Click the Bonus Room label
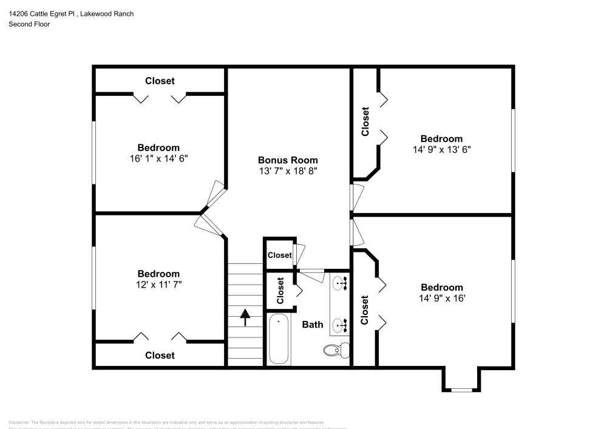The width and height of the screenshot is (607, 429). tap(288, 160)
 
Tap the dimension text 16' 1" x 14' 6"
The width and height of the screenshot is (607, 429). tap(158, 158)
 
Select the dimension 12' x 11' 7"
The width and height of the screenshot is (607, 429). tap(158, 284)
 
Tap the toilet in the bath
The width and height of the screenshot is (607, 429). tap(336, 350)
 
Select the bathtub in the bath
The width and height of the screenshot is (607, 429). tap(279, 340)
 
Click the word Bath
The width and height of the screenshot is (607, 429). tap(313, 325)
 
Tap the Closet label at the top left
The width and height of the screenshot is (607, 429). tap(160, 81)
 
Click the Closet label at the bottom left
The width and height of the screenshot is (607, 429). tap(160, 356)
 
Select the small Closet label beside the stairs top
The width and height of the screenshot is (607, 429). tap(279, 255)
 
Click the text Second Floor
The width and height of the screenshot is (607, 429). tap(29, 24)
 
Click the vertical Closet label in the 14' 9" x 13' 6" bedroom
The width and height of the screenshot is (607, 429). tap(365, 121)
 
